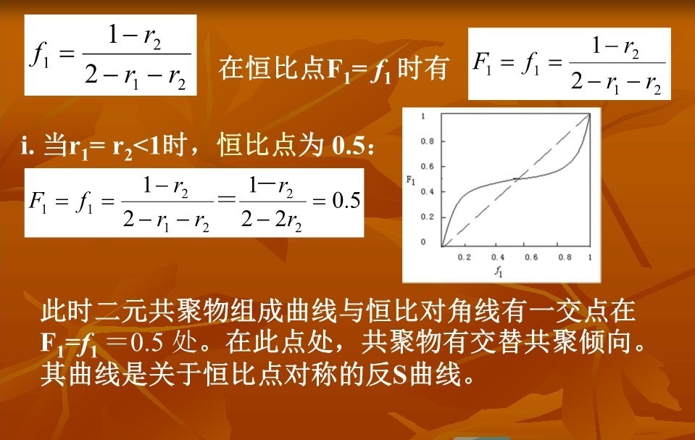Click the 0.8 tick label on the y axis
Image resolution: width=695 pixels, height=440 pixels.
point(428,141)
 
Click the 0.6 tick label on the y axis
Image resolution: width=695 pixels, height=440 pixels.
point(428,166)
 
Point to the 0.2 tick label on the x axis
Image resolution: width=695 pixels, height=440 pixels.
point(464,257)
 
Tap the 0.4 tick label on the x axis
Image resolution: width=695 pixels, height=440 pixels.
point(498,257)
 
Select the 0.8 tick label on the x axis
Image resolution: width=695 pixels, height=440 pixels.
point(565,257)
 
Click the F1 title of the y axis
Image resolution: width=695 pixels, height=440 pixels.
point(411,180)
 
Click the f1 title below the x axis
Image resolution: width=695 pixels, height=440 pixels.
point(499,270)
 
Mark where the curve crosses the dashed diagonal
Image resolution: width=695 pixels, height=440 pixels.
point(517,179)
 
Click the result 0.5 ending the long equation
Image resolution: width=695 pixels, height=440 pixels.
point(346,201)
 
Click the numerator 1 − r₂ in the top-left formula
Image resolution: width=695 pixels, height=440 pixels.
point(134,36)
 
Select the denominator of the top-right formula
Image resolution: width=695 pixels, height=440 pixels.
point(617,83)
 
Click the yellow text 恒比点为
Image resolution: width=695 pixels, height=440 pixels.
point(270,145)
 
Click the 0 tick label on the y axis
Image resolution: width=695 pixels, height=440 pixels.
point(423,241)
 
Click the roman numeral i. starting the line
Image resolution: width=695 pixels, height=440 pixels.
point(28,146)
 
